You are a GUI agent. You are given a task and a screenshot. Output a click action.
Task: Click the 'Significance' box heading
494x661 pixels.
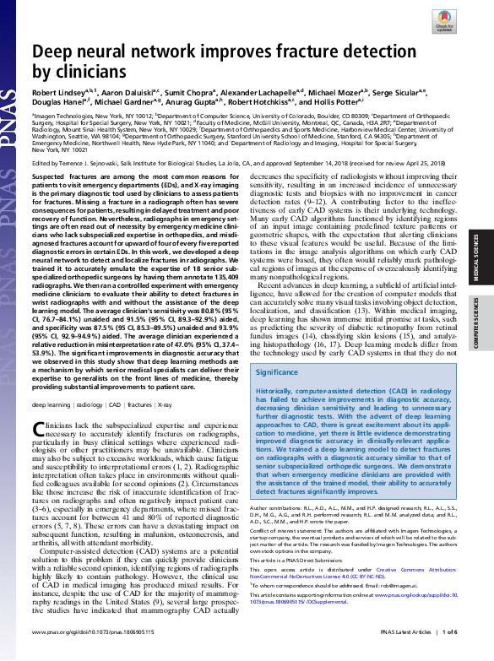pos(277,371)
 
